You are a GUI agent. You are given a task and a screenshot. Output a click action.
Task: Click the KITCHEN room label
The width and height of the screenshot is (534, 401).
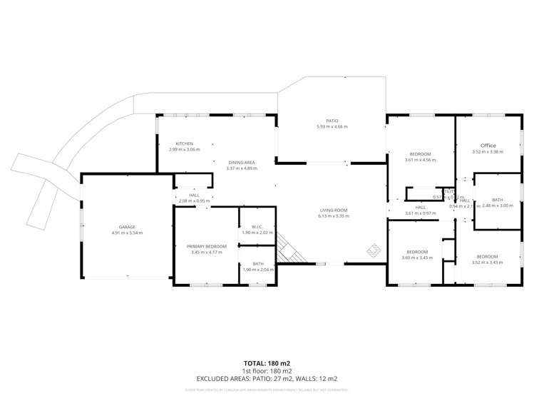pyautogui.click(x=184, y=143)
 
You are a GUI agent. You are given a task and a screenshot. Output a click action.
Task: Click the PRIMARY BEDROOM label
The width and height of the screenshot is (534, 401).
pyautogui.click(x=208, y=246)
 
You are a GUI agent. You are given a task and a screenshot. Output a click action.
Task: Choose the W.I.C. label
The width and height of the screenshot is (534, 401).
pyautogui.click(x=257, y=226)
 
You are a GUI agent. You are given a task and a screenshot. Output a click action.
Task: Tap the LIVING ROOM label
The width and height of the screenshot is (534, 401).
pyautogui.click(x=334, y=210)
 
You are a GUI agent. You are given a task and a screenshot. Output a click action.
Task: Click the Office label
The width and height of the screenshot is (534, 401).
pyautogui.click(x=488, y=145)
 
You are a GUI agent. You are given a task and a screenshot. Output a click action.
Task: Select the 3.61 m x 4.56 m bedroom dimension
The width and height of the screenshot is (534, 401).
pyautogui.click(x=420, y=161)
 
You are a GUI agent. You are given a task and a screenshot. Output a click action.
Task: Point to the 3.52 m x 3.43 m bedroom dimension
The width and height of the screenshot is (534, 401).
pyautogui.click(x=488, y=263)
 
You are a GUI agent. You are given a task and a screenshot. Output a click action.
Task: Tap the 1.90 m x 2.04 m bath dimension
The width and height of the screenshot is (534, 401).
pyautogui.click(x=257, y=270)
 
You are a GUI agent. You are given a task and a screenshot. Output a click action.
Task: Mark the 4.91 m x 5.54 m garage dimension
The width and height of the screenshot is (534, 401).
pyautogui.click(x=128, y=233)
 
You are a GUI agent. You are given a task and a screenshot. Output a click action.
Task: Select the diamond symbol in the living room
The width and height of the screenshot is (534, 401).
pyautogui.click(x=373, y=250)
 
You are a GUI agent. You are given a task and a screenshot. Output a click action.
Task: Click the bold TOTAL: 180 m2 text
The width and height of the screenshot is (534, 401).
pyautogui.click(x=267, y=362)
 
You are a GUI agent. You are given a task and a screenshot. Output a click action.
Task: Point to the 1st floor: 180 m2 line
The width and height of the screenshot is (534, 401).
pyautogui.click(x=267, y=370)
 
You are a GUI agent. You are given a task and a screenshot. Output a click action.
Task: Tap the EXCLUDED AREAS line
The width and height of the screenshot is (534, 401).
pyautogui.click(x=267, y=378)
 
